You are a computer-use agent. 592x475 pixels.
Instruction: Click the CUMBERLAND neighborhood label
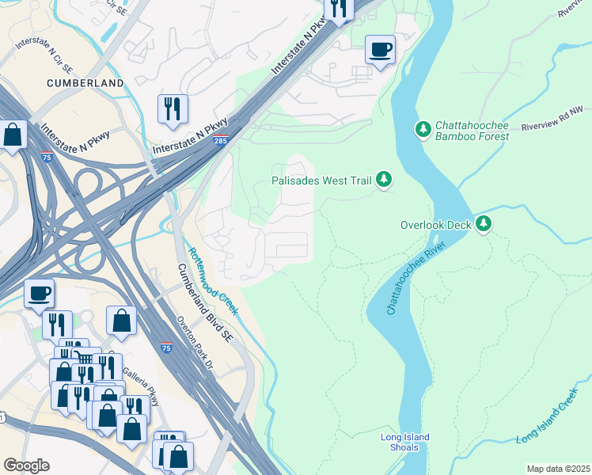(85, 83)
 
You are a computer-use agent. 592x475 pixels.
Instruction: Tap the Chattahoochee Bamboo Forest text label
(472, 131)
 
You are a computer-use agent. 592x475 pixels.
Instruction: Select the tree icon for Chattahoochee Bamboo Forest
(423, 128)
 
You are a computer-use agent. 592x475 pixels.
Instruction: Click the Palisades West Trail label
(321, 180)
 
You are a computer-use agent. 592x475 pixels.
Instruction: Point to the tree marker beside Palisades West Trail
(384, 180)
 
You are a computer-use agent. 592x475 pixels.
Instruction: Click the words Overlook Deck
(435, 225)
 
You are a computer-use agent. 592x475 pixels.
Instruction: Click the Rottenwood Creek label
(211, 281)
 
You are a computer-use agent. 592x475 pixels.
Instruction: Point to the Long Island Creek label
(548, 416)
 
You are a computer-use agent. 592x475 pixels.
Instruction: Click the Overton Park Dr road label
(195, 343)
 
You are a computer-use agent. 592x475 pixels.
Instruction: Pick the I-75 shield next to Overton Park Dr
(165, 347)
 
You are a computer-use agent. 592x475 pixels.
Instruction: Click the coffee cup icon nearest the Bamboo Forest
(380, 50)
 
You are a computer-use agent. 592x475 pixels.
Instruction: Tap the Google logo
(26, 465)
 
